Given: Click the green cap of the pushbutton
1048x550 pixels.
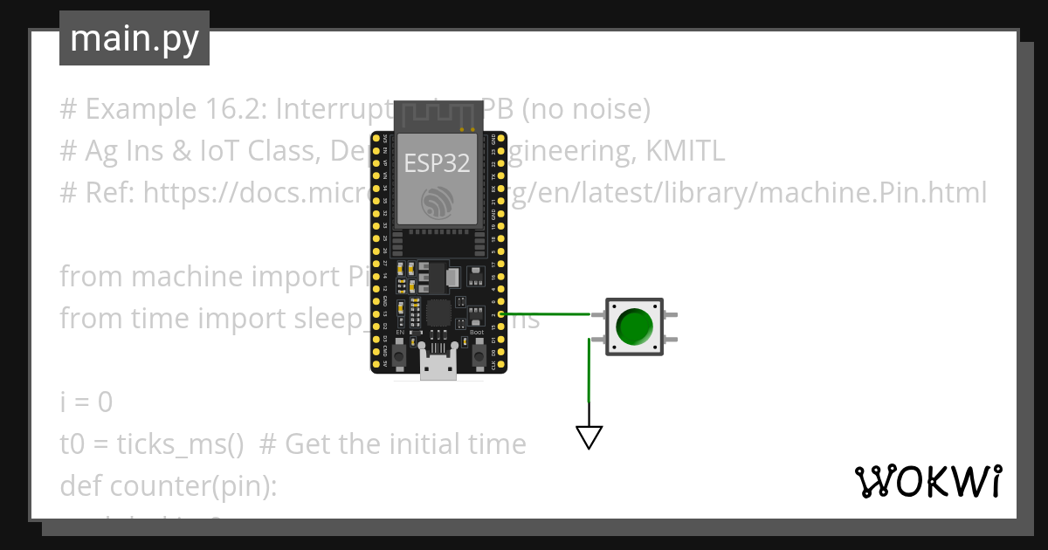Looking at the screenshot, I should click(634, 327).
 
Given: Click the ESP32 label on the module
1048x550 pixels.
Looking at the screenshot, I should click(437, 163).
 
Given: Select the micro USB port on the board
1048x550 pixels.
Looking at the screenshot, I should click(438, 363).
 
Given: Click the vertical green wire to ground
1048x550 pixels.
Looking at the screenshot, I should click(589, 375).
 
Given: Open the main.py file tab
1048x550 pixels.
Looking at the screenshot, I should click(134, 38).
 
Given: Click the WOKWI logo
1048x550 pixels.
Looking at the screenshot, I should click(927, 481).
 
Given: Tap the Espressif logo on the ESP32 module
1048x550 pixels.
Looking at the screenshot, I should click(437, 203).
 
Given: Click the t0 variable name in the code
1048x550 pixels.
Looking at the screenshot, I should click(72, 444).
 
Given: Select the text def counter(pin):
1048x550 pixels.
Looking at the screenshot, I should click(168, 486).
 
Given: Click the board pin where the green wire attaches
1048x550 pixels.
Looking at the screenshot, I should click(494, 313).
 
